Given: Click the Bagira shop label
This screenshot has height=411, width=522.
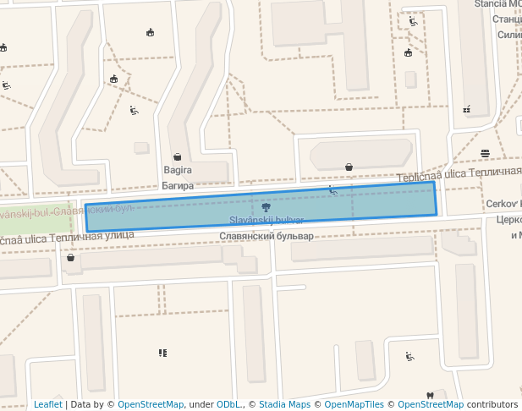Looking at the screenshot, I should pyautogui.click(x=178, y=170).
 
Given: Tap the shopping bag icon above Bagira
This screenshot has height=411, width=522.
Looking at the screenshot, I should pyautogui.click(x=178, y=156).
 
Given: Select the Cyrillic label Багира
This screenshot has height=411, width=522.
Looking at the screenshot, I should pyautogui.click(x=178, y=185).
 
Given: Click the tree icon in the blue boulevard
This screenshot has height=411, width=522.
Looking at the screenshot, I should pyautogui.click(x=266, y=206).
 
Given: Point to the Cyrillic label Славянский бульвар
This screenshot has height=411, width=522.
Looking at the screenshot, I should pyautogui.click(x=266, y=236).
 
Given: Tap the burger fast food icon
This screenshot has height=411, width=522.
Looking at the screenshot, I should pyautogui.click(x=485, y=153).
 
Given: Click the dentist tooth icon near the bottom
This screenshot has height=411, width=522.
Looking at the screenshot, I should pyautogui.click(x=429, y=396).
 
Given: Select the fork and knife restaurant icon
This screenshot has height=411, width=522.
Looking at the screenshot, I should pyautogui.click(x=162, y=353).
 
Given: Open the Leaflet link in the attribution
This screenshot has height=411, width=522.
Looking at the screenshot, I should pyautogui.click(x=47, y=404).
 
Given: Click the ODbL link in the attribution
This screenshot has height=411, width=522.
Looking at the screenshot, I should pyautogui.click(x=228, y=404).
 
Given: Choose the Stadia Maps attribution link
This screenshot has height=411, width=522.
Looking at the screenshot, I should pyautogui.click(x=284, y=404).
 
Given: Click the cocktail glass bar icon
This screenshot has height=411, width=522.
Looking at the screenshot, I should pyautogui.click(x=467, y=109).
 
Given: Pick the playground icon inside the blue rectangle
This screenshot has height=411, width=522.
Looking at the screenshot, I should pyautogui.click(x=333, y=191).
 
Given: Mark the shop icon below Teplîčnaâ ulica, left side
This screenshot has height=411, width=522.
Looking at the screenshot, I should pyautogui.click(x=70, y=258).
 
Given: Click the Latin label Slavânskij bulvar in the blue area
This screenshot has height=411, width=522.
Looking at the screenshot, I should pyautogui.click(x=266, y=220).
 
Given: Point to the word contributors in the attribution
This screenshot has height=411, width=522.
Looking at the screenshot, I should pyautogui.click(x=492, y=404).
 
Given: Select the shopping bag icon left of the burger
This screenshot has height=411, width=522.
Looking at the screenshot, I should pyautogui.click(x=349, y=167).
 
